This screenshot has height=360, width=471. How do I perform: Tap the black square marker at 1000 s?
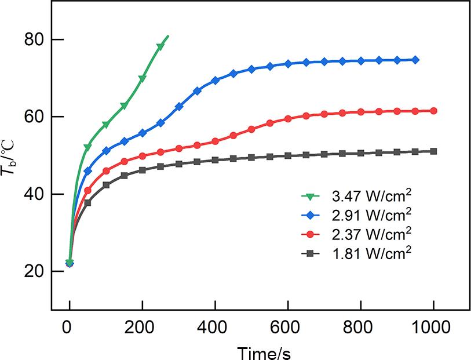(x=433, y=151)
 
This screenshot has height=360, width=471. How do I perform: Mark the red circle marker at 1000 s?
(x=433, y=111)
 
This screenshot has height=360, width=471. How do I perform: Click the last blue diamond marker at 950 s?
(x=415, y=60)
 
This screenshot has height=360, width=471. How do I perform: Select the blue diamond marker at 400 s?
(x=215, y=81)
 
